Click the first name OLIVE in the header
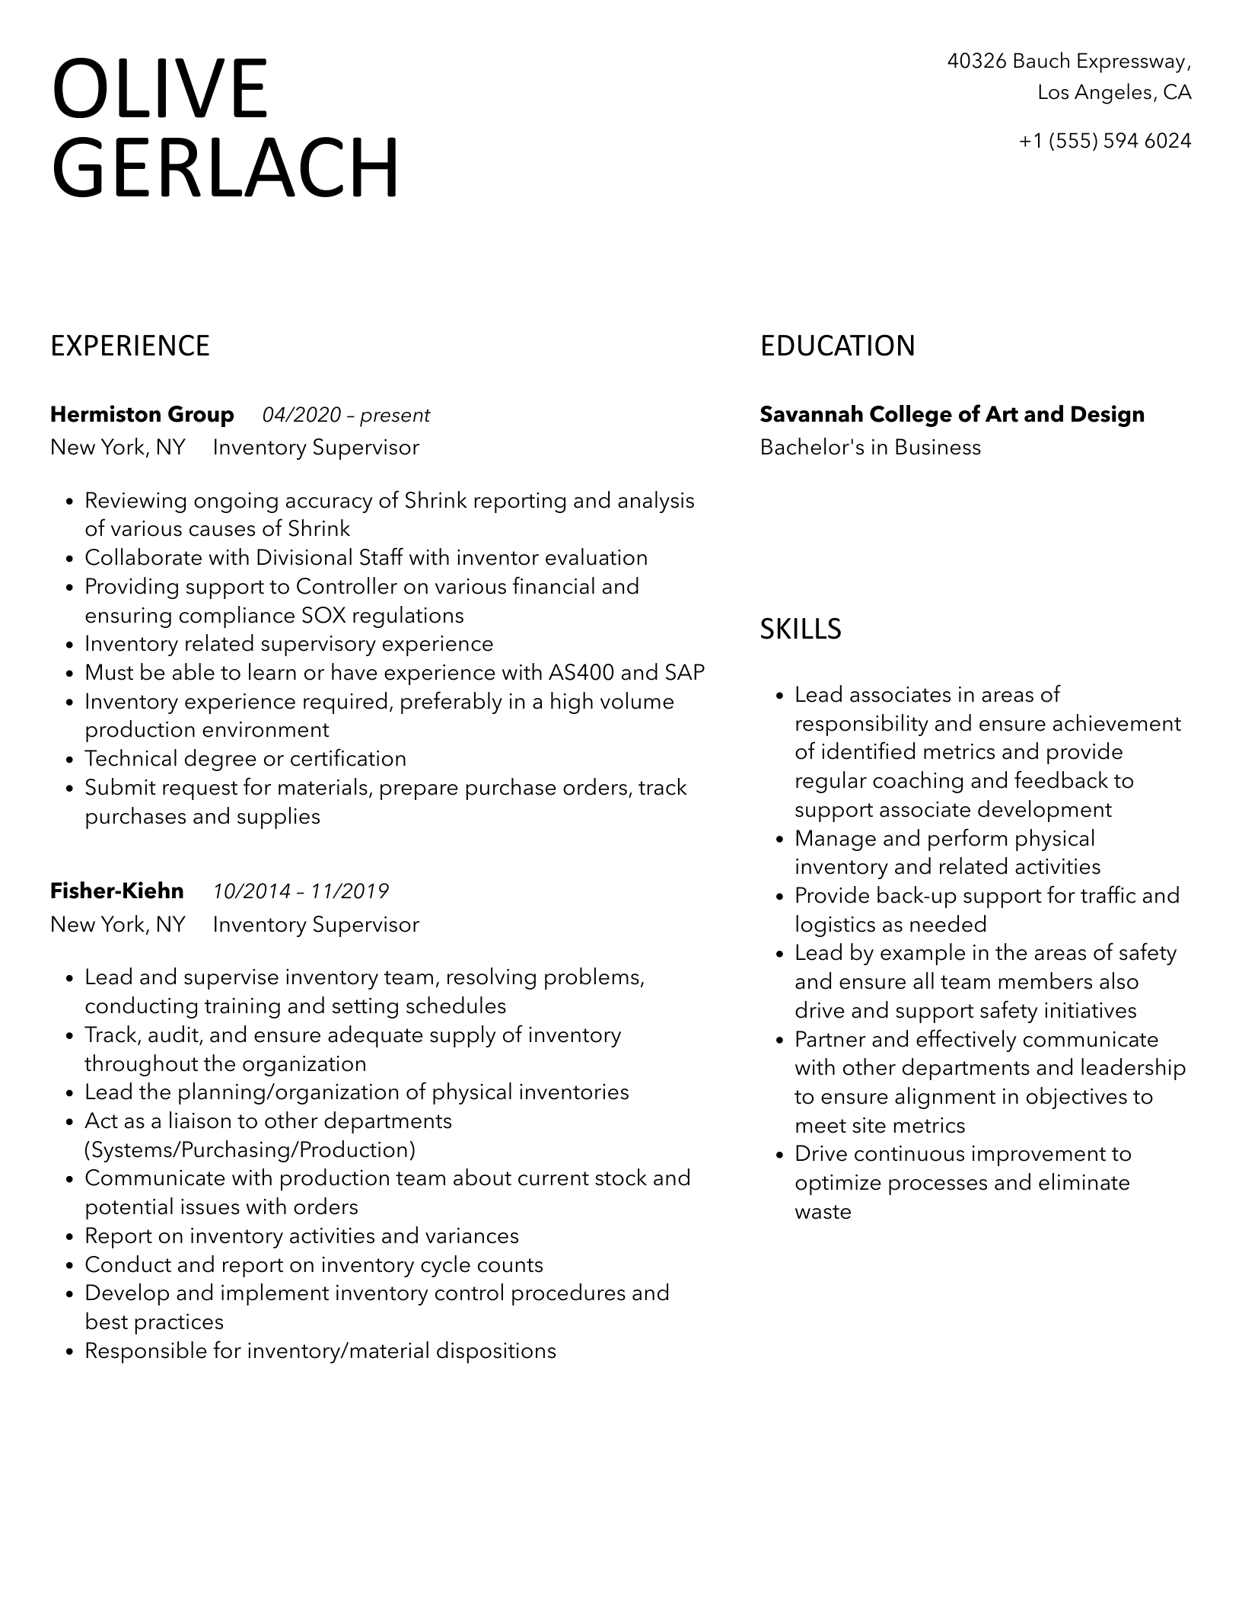point(160,90)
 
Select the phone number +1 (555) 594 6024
point(1104,141)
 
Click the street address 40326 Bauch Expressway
point(1068,61)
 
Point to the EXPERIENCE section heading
point(130,346)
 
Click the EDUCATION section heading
point(837,346)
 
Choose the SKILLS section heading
point(801,629)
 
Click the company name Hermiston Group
point(142,414)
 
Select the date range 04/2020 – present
point(346,415)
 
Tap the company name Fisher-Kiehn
point(117,891)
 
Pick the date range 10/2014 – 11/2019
point(301,891)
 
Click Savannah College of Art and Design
point(952,414)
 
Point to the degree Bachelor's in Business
point(870,447)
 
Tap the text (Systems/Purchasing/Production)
point(250,1149)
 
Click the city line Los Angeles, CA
point(1114,93)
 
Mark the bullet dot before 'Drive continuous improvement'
point(779,1155)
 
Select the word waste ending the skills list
point(823,1211)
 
